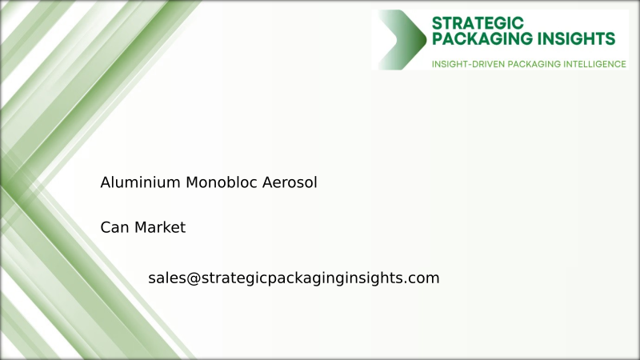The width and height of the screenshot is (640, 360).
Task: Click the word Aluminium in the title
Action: [140, 182]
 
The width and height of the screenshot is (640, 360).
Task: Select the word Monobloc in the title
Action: [217, 182]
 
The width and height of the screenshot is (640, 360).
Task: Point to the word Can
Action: [114, 227]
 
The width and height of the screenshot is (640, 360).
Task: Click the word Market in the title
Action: [159, 227]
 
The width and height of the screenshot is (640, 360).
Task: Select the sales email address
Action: [294, 278]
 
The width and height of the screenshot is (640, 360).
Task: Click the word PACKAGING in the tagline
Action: [534, 63]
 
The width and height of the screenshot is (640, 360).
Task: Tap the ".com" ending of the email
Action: [423, 278]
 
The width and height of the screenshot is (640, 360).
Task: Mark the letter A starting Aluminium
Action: [105, 182]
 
